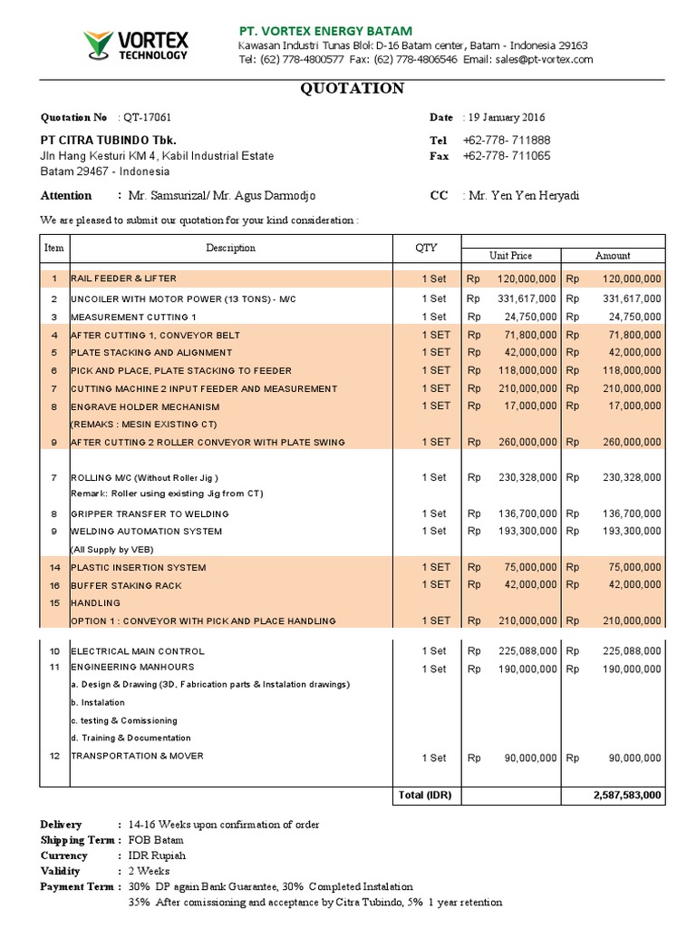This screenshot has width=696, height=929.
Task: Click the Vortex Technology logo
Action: (x=136, y=44)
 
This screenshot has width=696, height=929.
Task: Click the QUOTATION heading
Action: (x=353, y=89)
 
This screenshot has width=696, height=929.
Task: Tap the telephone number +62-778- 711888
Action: (x=507, y=141)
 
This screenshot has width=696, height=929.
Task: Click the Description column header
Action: (x=230, y=249)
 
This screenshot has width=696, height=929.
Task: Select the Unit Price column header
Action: (x=511, y=256)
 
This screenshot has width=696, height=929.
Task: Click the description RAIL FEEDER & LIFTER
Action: (x=124, y=278)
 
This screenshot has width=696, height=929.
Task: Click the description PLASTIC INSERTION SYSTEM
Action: (x=138, y=568)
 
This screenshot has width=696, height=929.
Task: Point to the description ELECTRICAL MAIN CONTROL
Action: (x=138, y=651)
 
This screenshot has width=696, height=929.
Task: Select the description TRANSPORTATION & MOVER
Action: (x=137, y=756)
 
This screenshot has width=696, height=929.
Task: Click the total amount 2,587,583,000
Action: (x=627, y=796)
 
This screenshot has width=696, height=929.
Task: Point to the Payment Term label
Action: (x=76, y=886)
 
